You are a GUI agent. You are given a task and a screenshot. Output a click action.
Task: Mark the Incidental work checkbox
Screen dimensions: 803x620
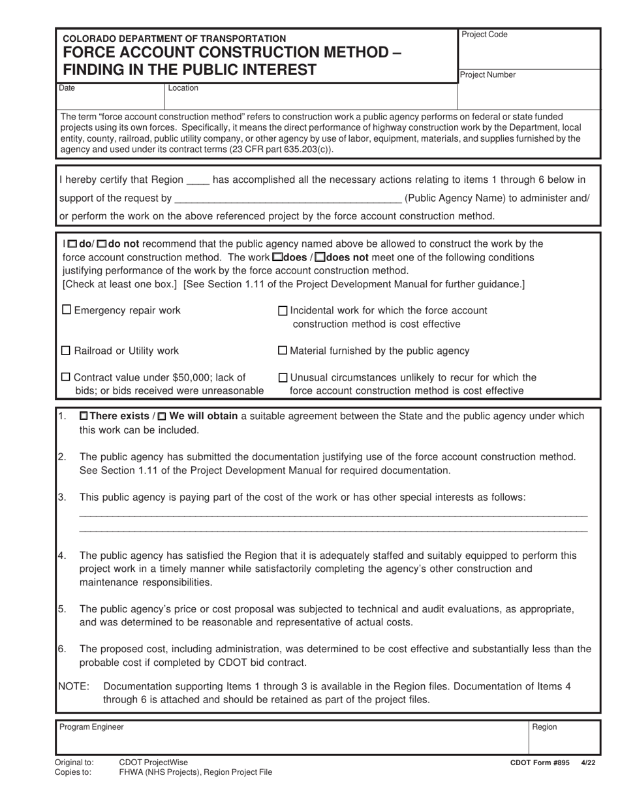pos(283,311)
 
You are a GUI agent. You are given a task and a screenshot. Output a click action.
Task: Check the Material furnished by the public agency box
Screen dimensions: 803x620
pos(283,351)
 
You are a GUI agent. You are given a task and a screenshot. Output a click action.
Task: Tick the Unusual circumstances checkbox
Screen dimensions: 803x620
pos(283,377)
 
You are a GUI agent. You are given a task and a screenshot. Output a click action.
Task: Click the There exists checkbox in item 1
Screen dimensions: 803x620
pos(84,416)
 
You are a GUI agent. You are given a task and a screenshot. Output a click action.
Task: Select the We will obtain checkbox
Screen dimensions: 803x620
pos(163,416)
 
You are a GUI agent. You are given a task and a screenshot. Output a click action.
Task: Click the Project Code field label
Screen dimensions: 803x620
pos(484,35)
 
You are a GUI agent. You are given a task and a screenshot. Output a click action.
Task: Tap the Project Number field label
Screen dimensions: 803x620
pos(488,75)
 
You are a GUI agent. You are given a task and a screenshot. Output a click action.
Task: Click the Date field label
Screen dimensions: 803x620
pos(67,88)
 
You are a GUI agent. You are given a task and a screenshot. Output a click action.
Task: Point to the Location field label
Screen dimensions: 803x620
pos(183,88)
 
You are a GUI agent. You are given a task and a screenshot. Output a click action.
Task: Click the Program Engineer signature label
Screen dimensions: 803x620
pos(91,727)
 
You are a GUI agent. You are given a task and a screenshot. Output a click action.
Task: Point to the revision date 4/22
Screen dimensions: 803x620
pos(588,762)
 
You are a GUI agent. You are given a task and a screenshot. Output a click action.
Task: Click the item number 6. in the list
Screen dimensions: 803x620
pos(63,649)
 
